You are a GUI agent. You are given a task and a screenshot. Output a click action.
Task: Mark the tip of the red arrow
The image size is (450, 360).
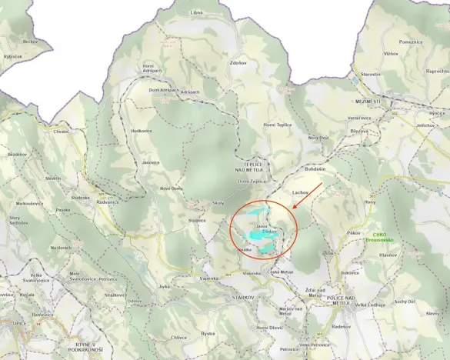(x=293, y=210)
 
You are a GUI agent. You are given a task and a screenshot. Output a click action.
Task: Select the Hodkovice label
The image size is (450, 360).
(x=142, y=131)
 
